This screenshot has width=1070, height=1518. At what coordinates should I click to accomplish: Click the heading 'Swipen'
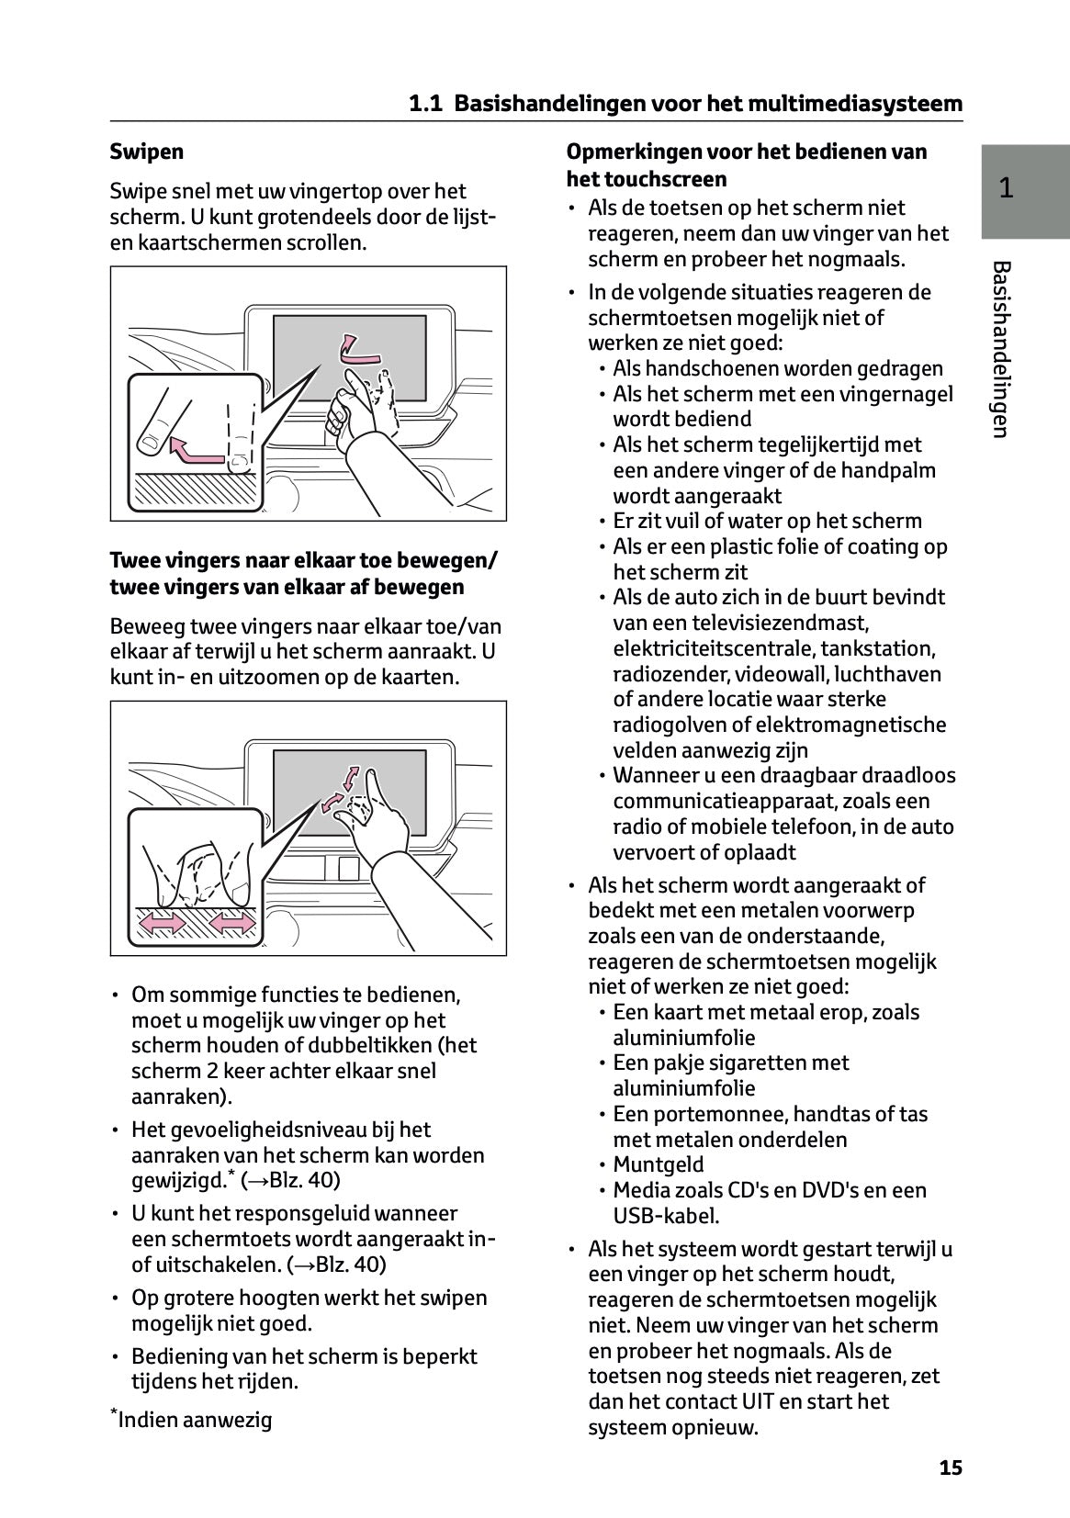coord(147,152)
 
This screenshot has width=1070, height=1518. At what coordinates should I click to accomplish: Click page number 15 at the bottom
coord(951,1467)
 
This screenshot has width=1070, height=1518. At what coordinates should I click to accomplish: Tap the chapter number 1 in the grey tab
coord(1006,188)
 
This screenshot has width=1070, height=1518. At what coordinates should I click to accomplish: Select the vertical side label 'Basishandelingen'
coord(1002,349)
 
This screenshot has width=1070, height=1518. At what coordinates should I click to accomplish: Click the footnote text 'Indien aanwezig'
coord(196,1420)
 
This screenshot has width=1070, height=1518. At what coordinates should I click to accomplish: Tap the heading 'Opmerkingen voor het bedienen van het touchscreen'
coord(746,164)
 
